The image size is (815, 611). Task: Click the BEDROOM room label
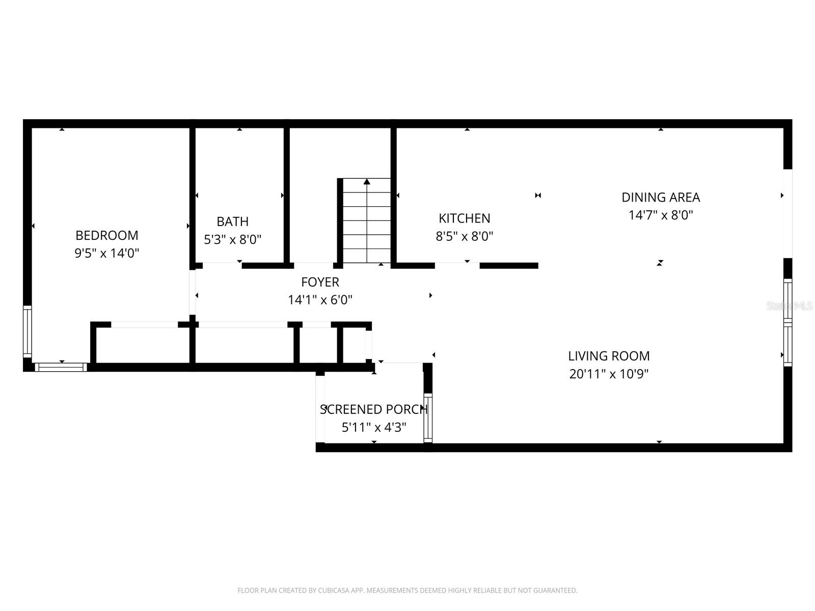coord(107,235)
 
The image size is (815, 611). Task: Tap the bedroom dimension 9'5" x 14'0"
coord(107,253)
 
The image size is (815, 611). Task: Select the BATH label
coord(233,221)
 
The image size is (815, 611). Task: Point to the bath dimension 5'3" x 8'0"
coord(233,239)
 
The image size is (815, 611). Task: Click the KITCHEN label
coord(465,218)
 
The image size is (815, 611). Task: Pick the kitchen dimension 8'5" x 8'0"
coord(465,236)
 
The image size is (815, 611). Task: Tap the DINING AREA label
coord(661,197)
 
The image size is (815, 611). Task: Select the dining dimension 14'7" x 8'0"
coord(661,215)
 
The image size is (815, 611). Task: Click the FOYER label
coord(320,282)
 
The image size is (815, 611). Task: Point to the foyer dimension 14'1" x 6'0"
coord(320,300)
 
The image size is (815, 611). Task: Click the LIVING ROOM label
coord(609,356)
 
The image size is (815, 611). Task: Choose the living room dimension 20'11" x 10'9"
coord(609,374)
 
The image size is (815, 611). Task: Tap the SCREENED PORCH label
coord(373,409)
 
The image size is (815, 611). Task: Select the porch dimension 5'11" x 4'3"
coord(373,427)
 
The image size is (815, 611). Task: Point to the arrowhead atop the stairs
coord(367,182)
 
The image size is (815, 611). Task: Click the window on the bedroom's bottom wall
coord(61,367)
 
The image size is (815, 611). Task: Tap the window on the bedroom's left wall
coord(28,331)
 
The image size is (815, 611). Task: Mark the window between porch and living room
coord(428,418)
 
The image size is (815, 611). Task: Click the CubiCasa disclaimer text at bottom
coord(407,591)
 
